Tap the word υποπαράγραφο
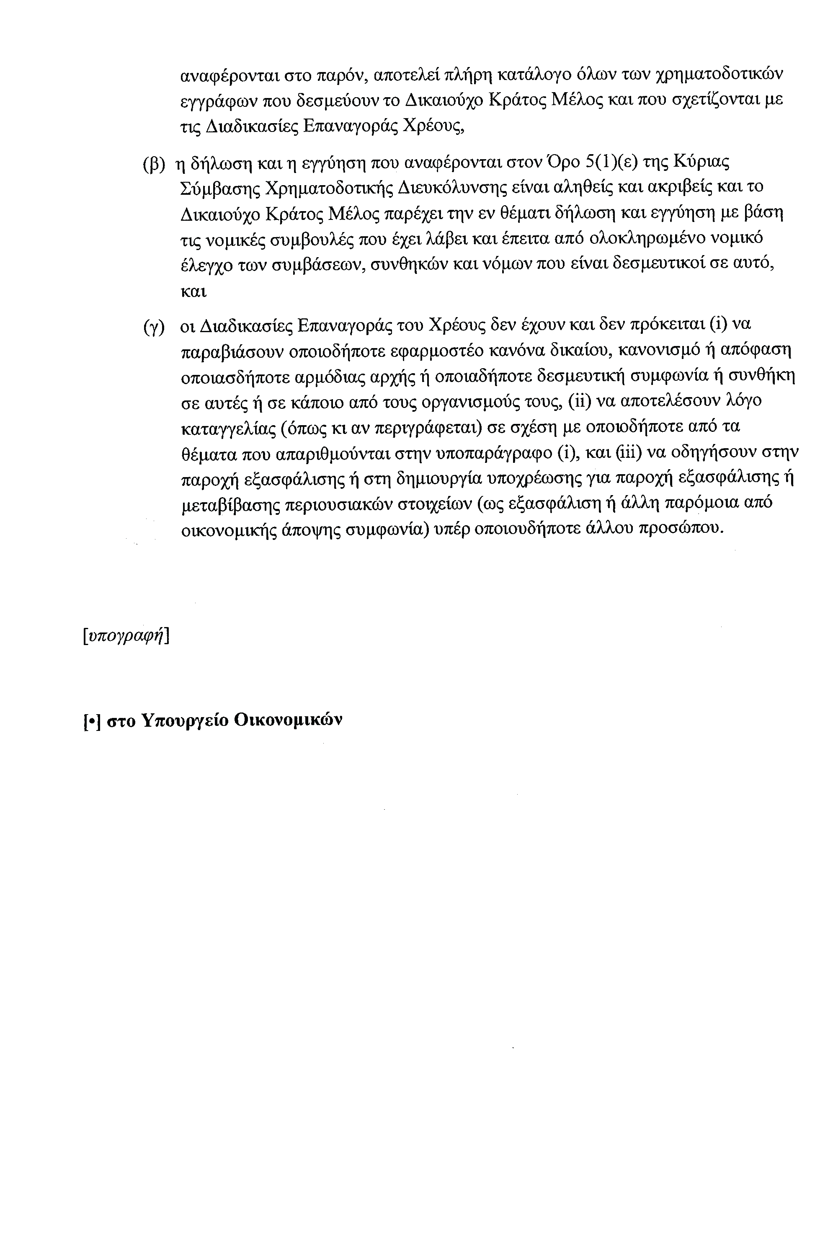click(x=493, y=453)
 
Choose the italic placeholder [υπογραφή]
click(x=126, y=635)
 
